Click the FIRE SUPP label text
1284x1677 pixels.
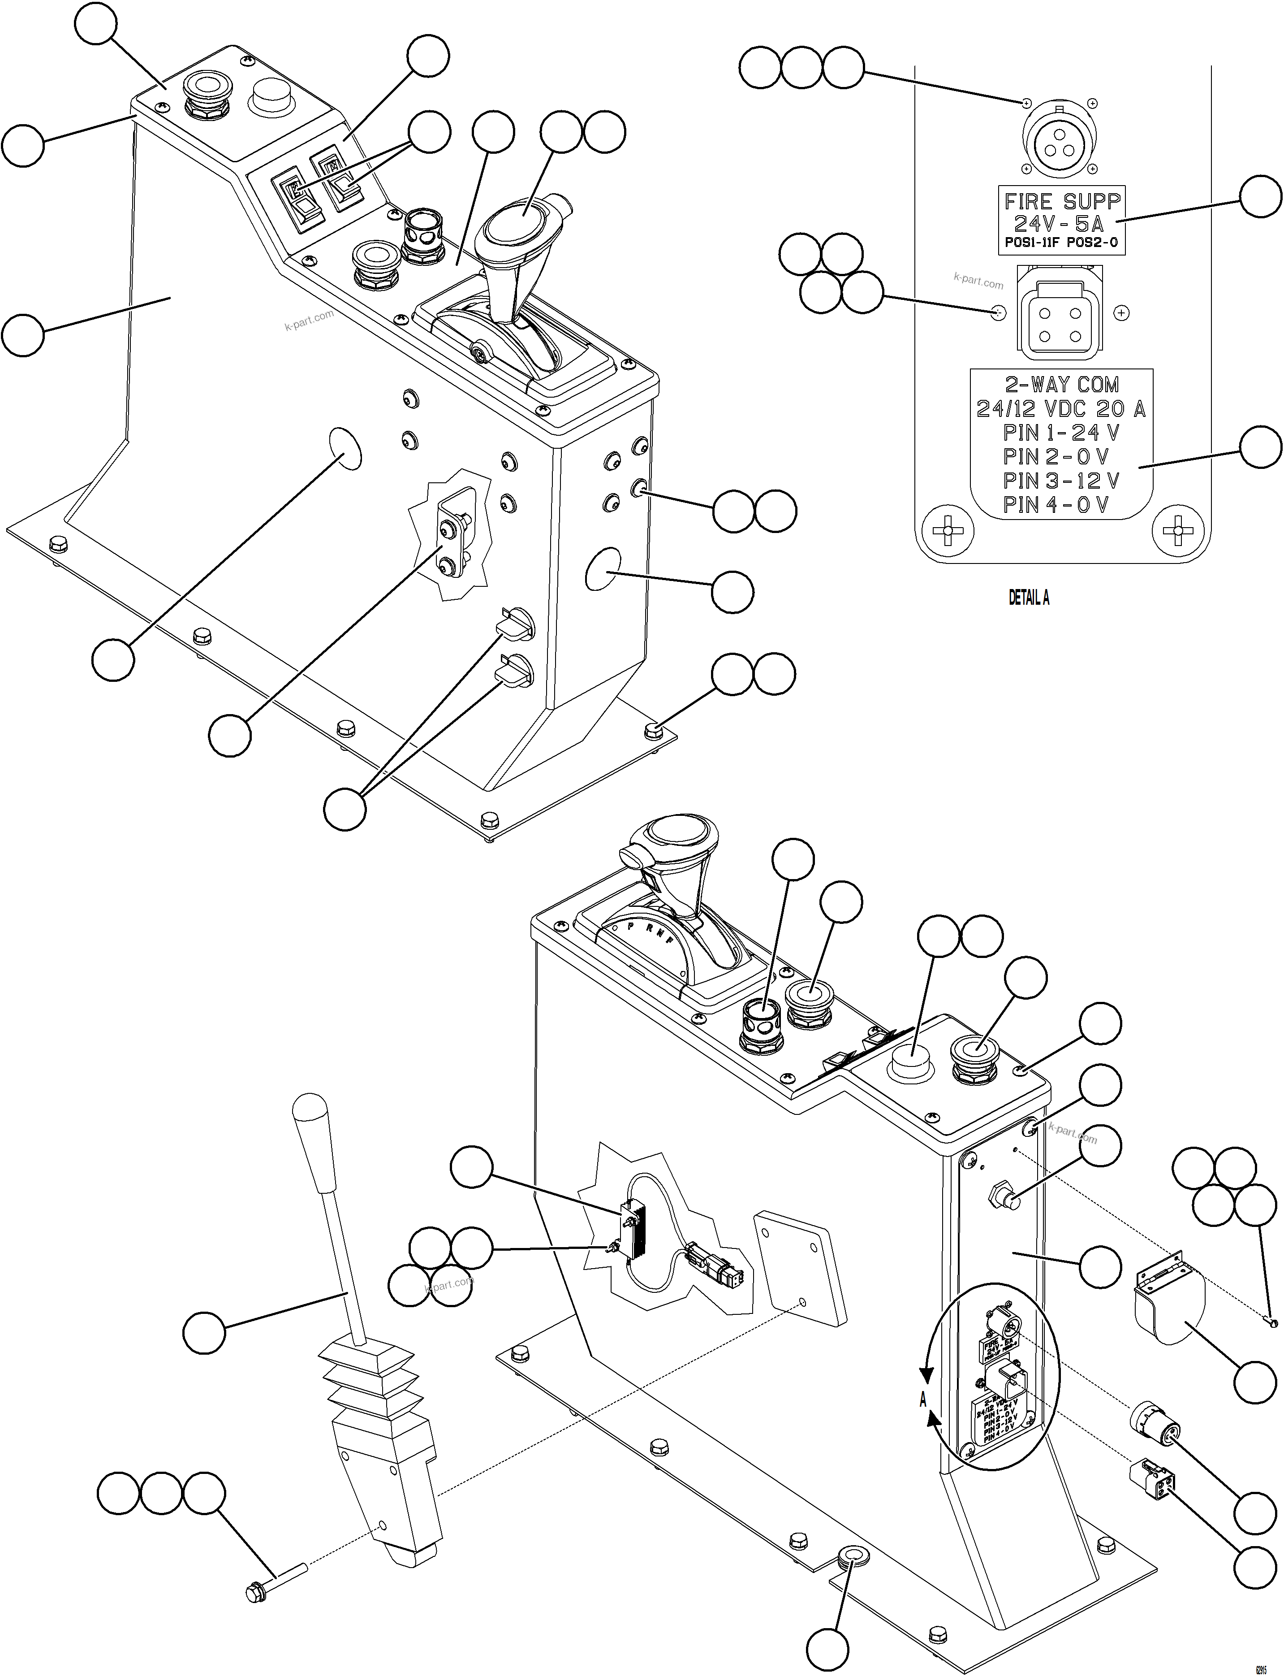(1062, 201)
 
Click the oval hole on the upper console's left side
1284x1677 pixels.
(345, 449)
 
